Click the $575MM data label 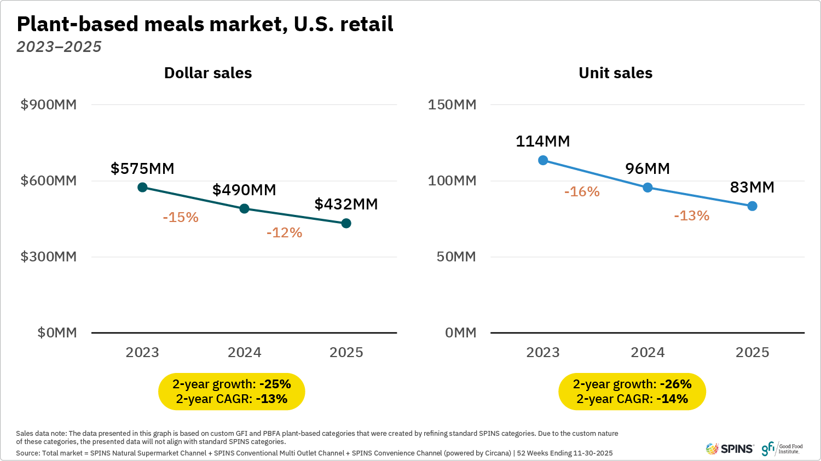[142, 168]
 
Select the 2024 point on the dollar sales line [245, 209]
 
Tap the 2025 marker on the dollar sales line [346, 223]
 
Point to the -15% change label [181, 217]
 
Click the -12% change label [284, 232]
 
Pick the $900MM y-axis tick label [49, 104]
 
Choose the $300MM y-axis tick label [49, 256]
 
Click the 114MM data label [542, 141]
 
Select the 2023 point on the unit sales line [543, 160]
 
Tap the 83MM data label [752, 187]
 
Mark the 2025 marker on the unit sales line [752, 206]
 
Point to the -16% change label [582, 192]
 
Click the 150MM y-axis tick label [452, 104]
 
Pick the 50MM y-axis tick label [456, 256]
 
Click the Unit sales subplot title [615, 73]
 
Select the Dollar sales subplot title [208, 73]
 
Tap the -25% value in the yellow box [275, 384]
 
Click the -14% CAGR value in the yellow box [672, 399]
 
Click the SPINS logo [730, 449]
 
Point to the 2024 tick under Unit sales [647, 352]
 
